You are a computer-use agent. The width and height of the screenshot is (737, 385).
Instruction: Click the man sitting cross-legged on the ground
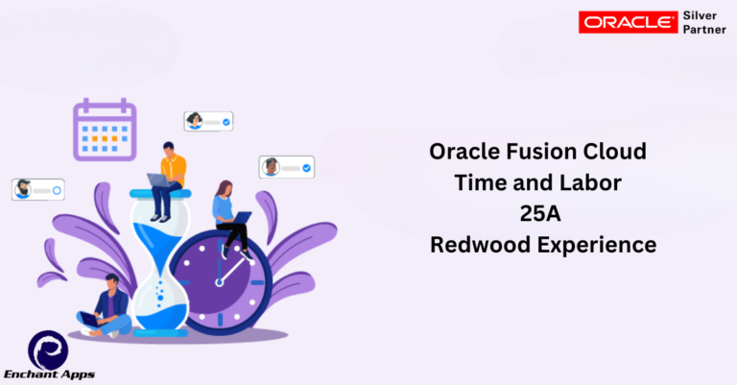(107, 306)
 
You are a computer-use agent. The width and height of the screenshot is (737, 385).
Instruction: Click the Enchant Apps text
(50, 373)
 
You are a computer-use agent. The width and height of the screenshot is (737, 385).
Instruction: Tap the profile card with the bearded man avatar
(37, 189)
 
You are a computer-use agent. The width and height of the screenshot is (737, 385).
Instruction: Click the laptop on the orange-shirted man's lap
(157, 180)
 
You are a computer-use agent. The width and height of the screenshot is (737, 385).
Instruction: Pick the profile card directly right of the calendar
(209, 121)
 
